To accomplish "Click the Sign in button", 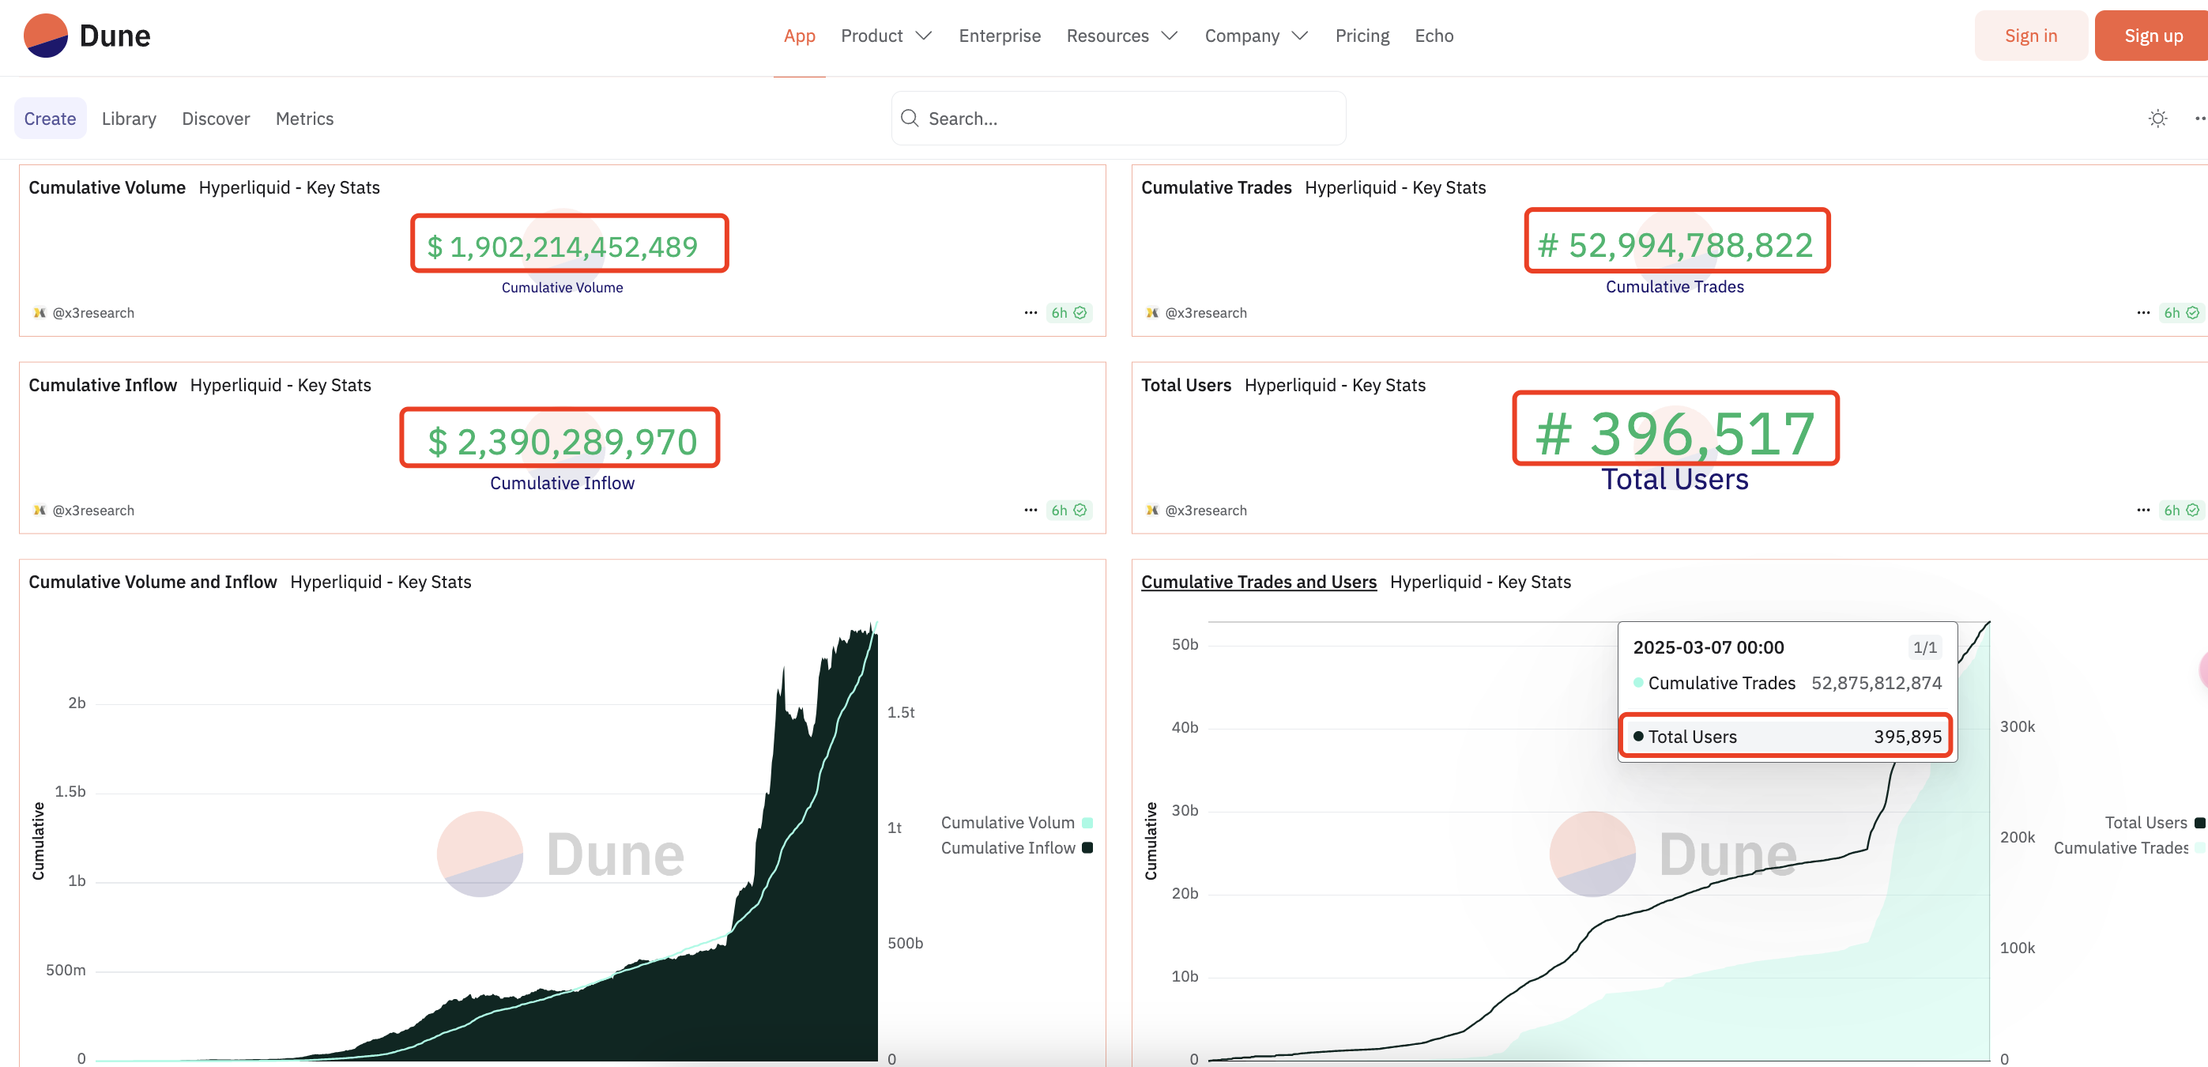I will [x=2029, y=36].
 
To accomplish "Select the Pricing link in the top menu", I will [x=1362, y=36].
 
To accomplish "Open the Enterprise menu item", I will [x=1000, y=36].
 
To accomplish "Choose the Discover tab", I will [x=215, y=119].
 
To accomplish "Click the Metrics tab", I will [x=304, y=119].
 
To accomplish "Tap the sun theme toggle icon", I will [x=2157, y=119].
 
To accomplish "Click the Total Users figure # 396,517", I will [x=1675, y=432].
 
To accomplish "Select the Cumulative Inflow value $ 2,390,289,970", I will [x=560, y=440].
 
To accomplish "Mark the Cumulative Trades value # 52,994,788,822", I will [x=1675, y=245].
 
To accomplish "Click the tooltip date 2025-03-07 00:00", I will [x=1708, y=648].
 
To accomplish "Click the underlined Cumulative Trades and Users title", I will [x=1258, y=582].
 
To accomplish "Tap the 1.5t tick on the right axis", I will [x=901, y=712].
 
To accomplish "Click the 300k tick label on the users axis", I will [x=2017, y=727].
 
